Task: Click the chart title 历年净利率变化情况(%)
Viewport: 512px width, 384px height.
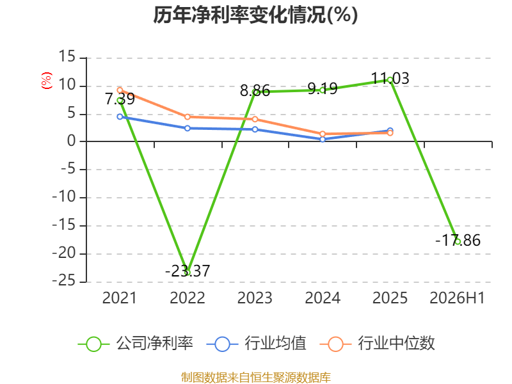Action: tap(255, 15)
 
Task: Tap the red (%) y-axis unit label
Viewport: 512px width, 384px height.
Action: tap(46, 81)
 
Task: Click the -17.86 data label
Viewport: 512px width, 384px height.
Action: tap(458, 241)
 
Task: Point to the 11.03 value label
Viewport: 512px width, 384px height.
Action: tap(390, 78)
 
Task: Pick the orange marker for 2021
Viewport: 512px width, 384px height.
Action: tap(120, 90)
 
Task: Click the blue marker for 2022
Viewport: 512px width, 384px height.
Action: tap(188, 129)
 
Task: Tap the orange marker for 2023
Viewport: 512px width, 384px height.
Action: tap(255, 119)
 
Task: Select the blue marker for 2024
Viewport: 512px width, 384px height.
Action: tap(323, 140)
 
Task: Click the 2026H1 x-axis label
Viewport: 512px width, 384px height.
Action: tap(457, 298)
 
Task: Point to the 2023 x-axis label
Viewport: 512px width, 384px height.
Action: tap(255, 298)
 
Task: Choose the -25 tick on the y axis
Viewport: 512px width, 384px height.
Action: tap(64, 281)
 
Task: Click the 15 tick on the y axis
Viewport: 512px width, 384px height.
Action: tap(67, 56)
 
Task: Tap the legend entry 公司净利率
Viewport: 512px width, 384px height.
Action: tap(136, 344)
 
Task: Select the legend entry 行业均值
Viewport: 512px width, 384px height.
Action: tap(257, 344)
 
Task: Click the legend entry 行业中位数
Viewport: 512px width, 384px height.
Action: tap(378, 344)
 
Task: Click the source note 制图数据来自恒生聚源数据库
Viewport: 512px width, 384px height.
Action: tap(256, 378)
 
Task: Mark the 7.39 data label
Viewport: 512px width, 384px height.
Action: tap(120, 99)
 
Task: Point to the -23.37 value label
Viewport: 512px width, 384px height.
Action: tap(188, 271)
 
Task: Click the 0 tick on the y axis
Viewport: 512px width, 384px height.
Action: tap(72, 141)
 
